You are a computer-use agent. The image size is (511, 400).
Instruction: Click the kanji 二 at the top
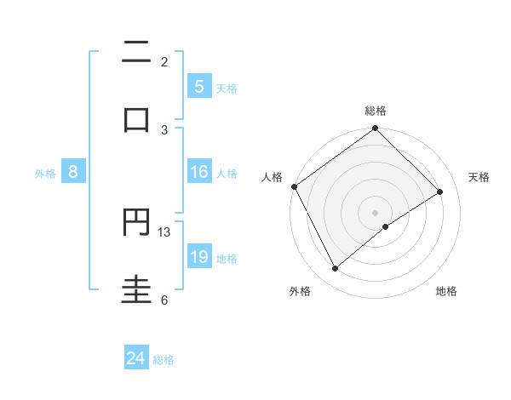(x=137, y=53)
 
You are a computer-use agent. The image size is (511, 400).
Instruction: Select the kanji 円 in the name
(x=137, y=223)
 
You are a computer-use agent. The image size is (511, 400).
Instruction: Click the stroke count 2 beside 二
(x=164, y=62)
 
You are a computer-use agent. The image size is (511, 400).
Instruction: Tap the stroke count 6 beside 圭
(x=164, y=300)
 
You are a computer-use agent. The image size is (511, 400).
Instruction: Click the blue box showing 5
(x=199, y=86)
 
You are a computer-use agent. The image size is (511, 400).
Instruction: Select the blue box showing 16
(x=199, y=172)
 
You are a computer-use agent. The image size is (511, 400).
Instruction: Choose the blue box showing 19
(x=199, y=257)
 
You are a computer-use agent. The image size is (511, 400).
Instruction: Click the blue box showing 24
(x=136, y=359)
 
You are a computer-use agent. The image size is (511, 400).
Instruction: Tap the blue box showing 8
(x=73, y=172)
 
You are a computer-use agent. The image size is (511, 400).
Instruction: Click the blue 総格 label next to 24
(x=164, y=360)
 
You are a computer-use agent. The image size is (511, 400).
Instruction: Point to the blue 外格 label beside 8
(x=45, y=173)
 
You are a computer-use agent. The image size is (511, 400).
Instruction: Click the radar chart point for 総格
(x=375, y=129)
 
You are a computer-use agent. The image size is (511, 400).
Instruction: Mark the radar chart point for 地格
(x=386, y=226)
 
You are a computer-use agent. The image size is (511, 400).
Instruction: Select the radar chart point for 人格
(x=294, y=186)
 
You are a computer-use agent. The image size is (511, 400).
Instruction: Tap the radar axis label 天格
(x=479, y=177)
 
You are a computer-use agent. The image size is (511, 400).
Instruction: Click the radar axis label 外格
(x=300, y=291)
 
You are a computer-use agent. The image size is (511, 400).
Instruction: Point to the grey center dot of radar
(x=375, y=212)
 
